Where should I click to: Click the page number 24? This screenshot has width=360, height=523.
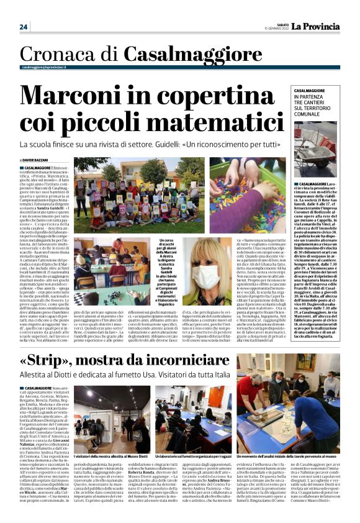[24, 27]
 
